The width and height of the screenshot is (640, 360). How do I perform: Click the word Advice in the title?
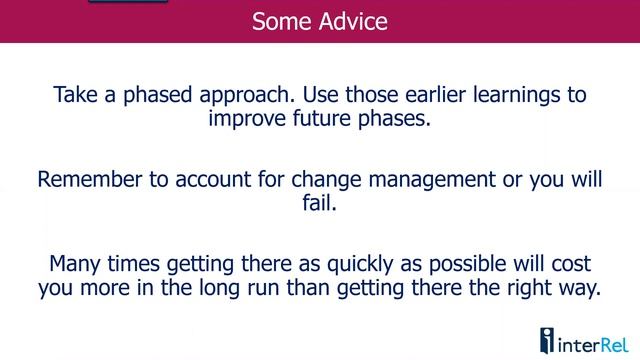(x=353, y=21)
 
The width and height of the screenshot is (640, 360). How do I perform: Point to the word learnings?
(x=511, y=96)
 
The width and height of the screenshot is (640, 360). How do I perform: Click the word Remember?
(x=86, y=181)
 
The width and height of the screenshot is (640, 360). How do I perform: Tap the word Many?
(x=76, y=266)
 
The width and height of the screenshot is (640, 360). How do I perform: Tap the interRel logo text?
(x=592, y=342)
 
